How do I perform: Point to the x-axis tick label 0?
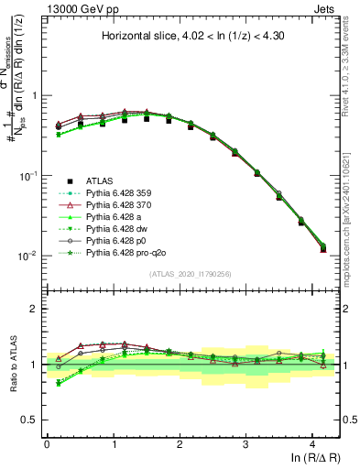tap(46, 443)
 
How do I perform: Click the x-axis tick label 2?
tap(179, 443)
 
